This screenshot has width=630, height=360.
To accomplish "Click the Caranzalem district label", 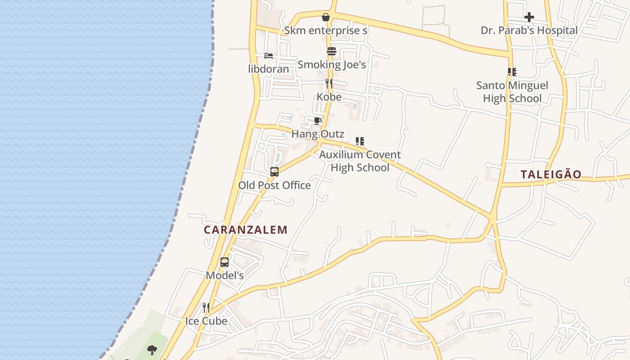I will pos(245,230).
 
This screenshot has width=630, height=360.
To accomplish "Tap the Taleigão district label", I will pos(551,175).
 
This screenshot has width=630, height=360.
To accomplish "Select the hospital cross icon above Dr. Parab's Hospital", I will pos(529,18).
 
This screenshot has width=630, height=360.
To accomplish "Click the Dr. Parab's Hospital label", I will pos(529,31).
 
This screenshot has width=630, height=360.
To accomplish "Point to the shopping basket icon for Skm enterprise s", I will pos(326,18).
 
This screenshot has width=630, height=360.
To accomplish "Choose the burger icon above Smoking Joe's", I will pos(332,51).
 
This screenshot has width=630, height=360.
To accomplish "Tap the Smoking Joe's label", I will pos(332,65).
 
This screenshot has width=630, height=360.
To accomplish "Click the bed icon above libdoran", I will pos(269,56).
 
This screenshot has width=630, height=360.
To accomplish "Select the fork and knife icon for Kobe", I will pos(329,84).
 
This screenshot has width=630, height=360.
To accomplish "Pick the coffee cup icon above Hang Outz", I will pos(317,121).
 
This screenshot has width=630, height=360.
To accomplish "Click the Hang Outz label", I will pos(318,134).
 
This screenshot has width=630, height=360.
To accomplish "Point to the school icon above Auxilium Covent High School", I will pos(360,141).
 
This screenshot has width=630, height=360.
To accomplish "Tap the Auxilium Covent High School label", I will pos(360,161).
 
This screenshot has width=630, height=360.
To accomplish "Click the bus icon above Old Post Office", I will pos(274,171).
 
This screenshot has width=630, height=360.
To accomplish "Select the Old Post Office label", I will pos(274,185).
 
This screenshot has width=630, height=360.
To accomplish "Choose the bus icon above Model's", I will pos(225,262).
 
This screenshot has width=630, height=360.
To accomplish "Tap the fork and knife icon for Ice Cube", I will pos(206,308).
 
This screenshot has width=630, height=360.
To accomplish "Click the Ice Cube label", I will pos(206,321).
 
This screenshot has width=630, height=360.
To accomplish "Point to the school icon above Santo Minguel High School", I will pos(512,72).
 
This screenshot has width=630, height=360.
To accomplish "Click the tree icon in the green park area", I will pos(152,349).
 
